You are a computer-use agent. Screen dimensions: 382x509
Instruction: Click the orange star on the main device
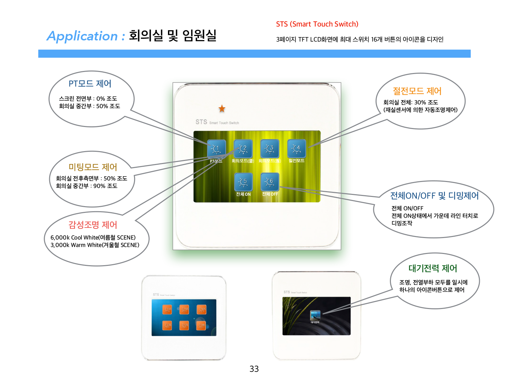(222, 109)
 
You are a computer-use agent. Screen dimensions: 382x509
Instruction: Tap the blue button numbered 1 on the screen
(216, 149)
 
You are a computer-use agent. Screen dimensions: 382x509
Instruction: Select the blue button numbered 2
(243, 148)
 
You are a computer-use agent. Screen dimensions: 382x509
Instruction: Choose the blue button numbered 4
(297, 148)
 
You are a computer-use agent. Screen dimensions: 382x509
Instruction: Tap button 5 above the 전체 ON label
(243, 182)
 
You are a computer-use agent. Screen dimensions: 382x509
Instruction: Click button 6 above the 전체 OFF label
(270, 182)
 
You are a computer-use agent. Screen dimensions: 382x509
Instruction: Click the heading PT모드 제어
(90, 84)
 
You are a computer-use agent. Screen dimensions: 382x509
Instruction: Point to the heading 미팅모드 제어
(93, 167)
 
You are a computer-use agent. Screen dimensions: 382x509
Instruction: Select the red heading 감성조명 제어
(93, 225)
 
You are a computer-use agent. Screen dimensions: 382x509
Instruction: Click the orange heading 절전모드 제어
(417, 91)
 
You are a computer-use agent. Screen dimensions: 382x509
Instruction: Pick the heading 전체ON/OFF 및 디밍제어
(434, 196)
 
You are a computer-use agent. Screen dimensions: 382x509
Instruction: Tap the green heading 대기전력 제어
(433, 268)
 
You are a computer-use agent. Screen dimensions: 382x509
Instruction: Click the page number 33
(254, 369)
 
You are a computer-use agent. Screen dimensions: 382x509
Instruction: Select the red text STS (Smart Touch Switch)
(317, 24)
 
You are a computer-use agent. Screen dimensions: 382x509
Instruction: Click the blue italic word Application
(82, 36)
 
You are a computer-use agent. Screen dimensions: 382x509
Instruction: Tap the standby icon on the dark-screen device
(315, 315)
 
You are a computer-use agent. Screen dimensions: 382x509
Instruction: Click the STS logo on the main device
(201, 122)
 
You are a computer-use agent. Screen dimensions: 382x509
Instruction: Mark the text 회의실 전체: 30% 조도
(411, 102)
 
